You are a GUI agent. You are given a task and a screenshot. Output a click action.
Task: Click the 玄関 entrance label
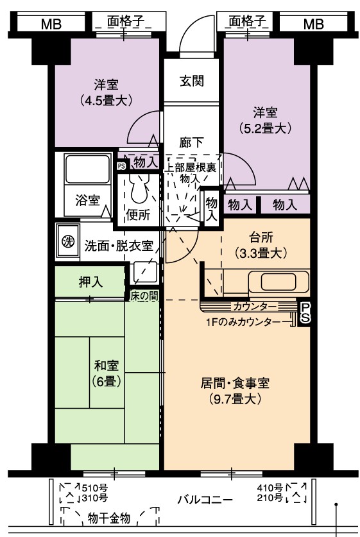coord(191,81)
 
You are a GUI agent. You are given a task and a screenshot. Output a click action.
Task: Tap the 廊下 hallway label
coord(191,142)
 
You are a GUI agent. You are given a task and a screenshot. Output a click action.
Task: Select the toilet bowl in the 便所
coord(139,188)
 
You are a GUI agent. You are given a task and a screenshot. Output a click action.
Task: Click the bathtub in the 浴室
coord(87,169)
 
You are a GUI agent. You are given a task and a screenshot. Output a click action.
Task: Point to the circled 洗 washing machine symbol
coord(68,241)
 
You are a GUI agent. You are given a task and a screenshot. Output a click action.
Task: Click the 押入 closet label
coord(90,282)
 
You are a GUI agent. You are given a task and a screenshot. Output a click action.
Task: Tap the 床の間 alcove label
coord(144,296)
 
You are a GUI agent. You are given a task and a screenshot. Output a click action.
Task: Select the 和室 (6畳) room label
coord(107,373)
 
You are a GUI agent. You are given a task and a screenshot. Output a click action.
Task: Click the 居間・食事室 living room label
coord(235,391)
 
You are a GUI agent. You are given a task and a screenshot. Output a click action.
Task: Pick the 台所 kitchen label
coord(261,245)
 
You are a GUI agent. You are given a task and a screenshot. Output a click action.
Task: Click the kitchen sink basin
coord(278,282)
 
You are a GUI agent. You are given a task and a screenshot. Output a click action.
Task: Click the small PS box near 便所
coord(121,166)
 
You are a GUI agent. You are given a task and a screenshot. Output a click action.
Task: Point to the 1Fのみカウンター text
coord(243,322)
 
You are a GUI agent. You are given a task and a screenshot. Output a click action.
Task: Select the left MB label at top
coord(51,24)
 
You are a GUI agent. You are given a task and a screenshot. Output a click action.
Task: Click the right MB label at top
coord(313,24)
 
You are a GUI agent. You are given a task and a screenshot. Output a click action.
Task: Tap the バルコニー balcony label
coord(205,499)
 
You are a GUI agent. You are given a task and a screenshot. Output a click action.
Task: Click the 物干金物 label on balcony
coord(109,518)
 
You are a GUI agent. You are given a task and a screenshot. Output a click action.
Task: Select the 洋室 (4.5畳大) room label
coord(107,92)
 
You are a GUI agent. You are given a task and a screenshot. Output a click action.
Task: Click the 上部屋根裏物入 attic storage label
coord(191,173)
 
